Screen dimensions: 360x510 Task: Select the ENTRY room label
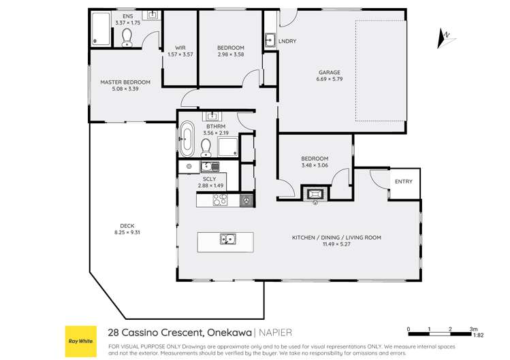pyautogui.click(x=403, y=182)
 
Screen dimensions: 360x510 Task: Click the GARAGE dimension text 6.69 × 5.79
pyautogui.click(x=329, y=80)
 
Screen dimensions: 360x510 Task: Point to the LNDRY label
pyautogui.click(x=287, y=42)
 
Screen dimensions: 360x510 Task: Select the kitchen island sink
pyautogui.click(x=227, y=239)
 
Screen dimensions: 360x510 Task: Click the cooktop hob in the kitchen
pyautogui.click(x=221, y=200)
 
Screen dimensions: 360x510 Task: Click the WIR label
pyautogui.click(x=180, y=48)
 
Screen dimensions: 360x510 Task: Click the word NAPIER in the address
pyautogui.click(x=276, y=333)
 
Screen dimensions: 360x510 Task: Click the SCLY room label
pyautogui.click(x=210, y=179)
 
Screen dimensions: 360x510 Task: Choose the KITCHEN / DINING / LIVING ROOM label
pyautogui.click(x=336, y=238)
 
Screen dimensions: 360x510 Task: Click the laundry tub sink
pyautogui.click(x=270, y=38)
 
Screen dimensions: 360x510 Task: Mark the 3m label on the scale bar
pyautogui.click(x=473, y=329)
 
